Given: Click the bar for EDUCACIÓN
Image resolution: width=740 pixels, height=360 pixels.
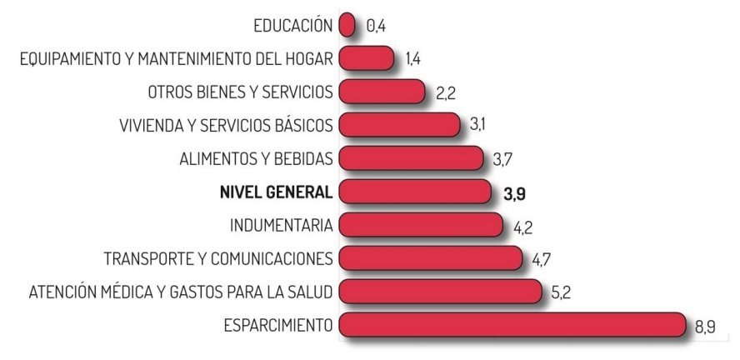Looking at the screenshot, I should [348, 25].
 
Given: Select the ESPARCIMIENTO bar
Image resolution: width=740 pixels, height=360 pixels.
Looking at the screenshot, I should [512, 325].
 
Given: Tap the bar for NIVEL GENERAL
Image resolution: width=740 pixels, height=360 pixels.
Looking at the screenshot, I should [415, 192].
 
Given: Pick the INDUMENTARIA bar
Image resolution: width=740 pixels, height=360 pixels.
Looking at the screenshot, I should [421, 225].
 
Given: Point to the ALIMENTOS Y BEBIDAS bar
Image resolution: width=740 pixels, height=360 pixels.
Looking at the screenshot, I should [412, 158].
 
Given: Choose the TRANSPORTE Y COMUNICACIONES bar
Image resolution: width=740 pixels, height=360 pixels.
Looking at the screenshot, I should [431, 258].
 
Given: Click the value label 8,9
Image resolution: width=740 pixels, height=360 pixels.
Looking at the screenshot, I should [704, 327].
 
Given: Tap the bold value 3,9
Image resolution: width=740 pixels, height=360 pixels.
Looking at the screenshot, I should [514, 194].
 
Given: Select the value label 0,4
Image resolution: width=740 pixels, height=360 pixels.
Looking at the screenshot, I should [376, 27].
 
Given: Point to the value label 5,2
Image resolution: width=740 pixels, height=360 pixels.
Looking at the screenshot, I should [560, 293].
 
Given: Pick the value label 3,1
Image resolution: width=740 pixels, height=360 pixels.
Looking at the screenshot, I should [477, 126].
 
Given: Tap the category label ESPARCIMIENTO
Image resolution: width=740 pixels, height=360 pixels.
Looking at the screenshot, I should [278, 325].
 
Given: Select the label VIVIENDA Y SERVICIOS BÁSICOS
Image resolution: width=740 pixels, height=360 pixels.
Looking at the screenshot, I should [227, 125].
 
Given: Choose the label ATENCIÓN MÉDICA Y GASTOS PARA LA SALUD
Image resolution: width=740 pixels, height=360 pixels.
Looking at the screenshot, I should [181, 292].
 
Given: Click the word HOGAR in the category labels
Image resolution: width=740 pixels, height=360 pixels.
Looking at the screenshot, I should [312, 58].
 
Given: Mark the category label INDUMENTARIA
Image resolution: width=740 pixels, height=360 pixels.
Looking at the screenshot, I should [282, 225].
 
